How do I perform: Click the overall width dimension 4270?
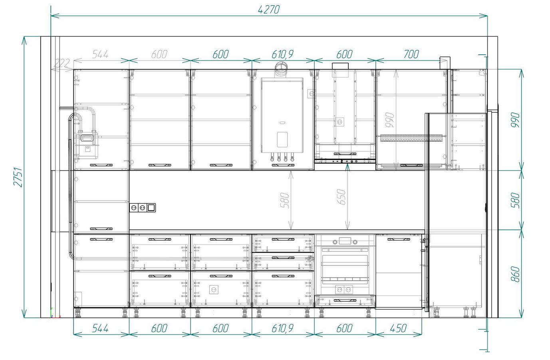pyautogui.click(x=269, y=10)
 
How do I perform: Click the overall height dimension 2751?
pyautogui.click(x=18, y=177)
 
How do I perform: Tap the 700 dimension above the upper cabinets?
pyautogui.click(x=411, y=54)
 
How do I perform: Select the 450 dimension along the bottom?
pyautogui.click(x=398, y=328)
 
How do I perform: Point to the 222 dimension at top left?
pyautogui.click(x=62, y=64)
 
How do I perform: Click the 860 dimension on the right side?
pyautogui.click(x=515, y=274)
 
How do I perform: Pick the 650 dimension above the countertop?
pyautogui.click(x=342, y=197)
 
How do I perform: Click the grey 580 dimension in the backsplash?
pyautogui.click(x=285, y=200)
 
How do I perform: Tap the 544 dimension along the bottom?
pyautogui.click(x=100, y=328)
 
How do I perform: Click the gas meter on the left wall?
pyautogui.click(x=87, y=144)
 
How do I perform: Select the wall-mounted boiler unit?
pyautogui.click(x=282, y=115)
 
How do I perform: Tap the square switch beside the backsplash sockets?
pyautogui.click(x=151, y=208)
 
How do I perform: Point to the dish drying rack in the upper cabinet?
pyautogui.click(x=411, y=138)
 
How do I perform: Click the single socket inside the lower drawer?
pyautogui.click(x=214, y=290)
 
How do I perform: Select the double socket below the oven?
pyautogui.click(x=344, y=290)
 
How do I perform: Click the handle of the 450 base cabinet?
pyautogui.click(x=399, y=239)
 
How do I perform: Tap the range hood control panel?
pyautogui.click(x=345, y=161)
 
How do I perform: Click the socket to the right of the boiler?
pyautogui.click(x=312, y=93)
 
